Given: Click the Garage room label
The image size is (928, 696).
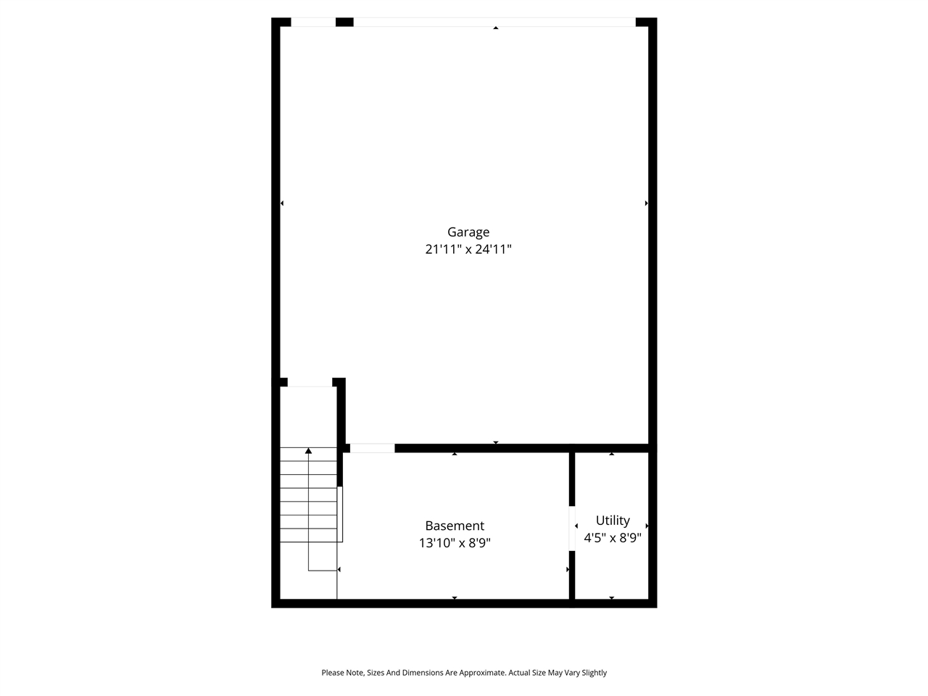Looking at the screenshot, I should click(x=468, y=232).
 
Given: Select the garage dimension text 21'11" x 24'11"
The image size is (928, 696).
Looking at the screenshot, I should click(x=468, y=249).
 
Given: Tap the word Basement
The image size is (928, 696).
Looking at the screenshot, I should click(x=455, y=526).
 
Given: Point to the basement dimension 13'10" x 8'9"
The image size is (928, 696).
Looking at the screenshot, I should click(x=455, y=543).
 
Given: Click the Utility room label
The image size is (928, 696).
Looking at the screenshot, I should click(x=613, y=520).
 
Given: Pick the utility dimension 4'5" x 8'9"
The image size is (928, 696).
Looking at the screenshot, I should click(x=613, y=538).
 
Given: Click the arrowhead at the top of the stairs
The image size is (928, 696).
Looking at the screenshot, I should click(x=309, y=451).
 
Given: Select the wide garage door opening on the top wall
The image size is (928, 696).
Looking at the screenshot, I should click(x=494, y=22).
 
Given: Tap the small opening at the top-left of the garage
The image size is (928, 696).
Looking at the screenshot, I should click(x=312, y=22).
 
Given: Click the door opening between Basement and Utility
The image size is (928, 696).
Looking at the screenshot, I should click(x=572, y=528).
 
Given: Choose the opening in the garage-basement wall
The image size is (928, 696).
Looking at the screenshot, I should click(x=373, y=448).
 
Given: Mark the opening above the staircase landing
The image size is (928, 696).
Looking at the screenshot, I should click(x=310, y=382).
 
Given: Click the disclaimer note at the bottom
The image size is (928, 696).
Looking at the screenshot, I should click(x=464, y=673).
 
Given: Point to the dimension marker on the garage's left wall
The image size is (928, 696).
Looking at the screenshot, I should click(x=282, y=203).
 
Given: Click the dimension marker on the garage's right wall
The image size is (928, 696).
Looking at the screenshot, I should click(x=646, y=203).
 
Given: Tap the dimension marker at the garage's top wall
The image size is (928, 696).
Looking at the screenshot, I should click(x=496, y=28).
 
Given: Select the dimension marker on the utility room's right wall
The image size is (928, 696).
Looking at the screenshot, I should click(x=647, y=526).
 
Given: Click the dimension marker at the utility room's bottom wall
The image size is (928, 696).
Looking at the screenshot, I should click(x=612, y=598).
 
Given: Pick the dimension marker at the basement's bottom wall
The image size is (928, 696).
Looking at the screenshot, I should click(x=455, y=598).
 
